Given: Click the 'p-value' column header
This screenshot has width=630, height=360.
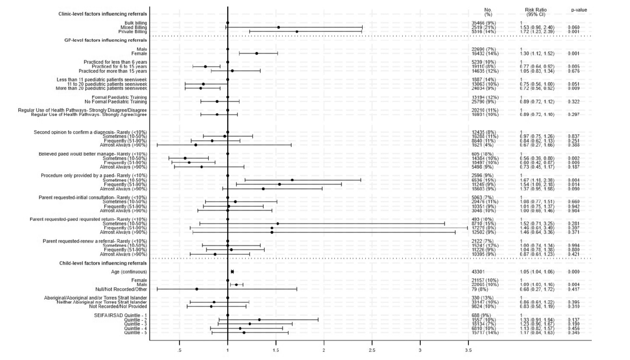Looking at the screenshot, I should coord(579,10).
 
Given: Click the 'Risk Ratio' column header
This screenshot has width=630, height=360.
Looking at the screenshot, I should coord(535,10).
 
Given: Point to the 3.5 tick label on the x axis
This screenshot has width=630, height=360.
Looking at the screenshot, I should coord(468,350).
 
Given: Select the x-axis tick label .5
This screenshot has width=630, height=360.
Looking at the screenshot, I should coord(180,350).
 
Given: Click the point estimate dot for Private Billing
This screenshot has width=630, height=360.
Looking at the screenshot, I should coord(297,31).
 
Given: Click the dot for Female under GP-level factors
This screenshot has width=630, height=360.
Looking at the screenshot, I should coord(256,54).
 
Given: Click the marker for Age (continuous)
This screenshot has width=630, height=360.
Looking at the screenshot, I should coord(232,272).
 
